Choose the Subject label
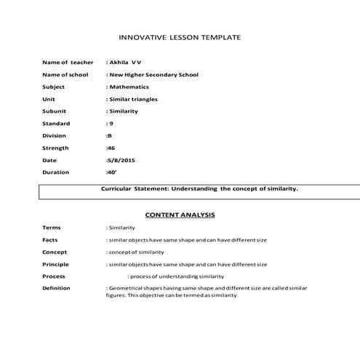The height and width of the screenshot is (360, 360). [x=54, y=87]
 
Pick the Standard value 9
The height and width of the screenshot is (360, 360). [x=110, y=124]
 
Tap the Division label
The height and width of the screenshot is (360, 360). [x=55, y=135]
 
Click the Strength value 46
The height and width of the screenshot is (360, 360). [x=111, y=148]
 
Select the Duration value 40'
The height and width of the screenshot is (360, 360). [x=111, y=172]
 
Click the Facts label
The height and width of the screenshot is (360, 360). [x=51, y=240]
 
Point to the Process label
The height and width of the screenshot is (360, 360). [x=54, y=276]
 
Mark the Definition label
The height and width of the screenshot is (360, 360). [x=57, y=288]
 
